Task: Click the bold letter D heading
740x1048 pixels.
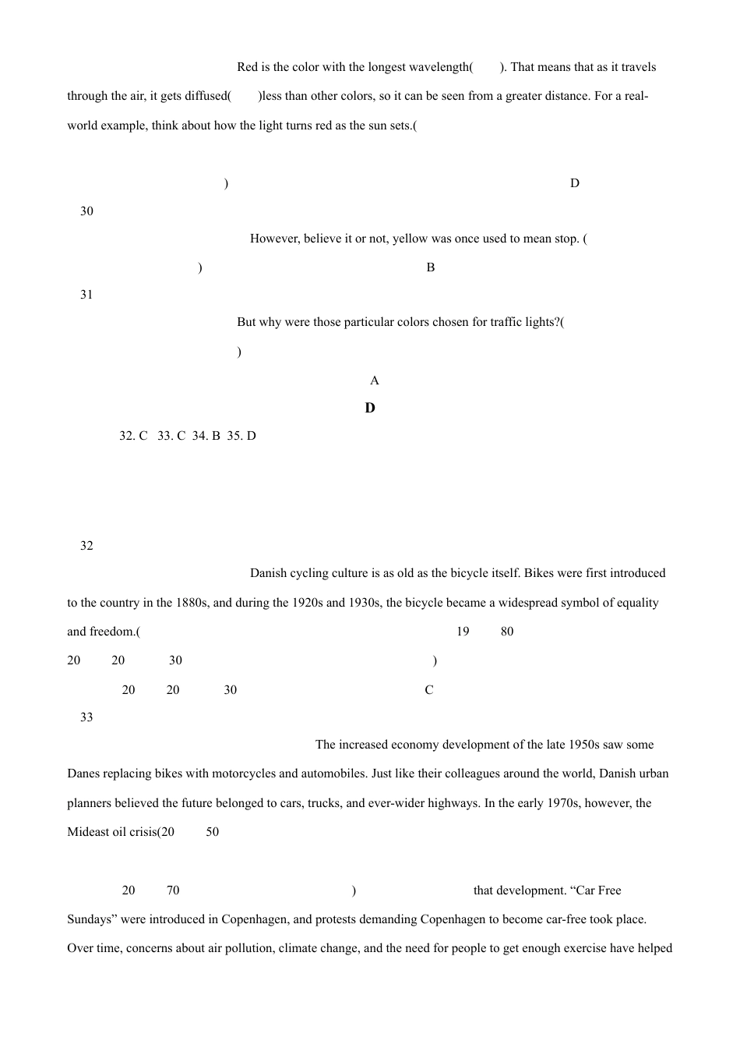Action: pos(370,408)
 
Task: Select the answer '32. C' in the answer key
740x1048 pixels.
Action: pos(133,436)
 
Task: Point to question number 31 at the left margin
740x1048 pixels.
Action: pos(86,295)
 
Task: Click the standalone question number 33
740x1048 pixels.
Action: pos(86,717)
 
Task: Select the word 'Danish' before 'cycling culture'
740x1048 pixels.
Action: pos(269,573)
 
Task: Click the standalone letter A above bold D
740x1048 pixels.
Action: pos(375,381)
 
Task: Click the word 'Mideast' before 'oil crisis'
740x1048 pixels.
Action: pos(87,832)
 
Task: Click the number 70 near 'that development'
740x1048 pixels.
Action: pos(173,890)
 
